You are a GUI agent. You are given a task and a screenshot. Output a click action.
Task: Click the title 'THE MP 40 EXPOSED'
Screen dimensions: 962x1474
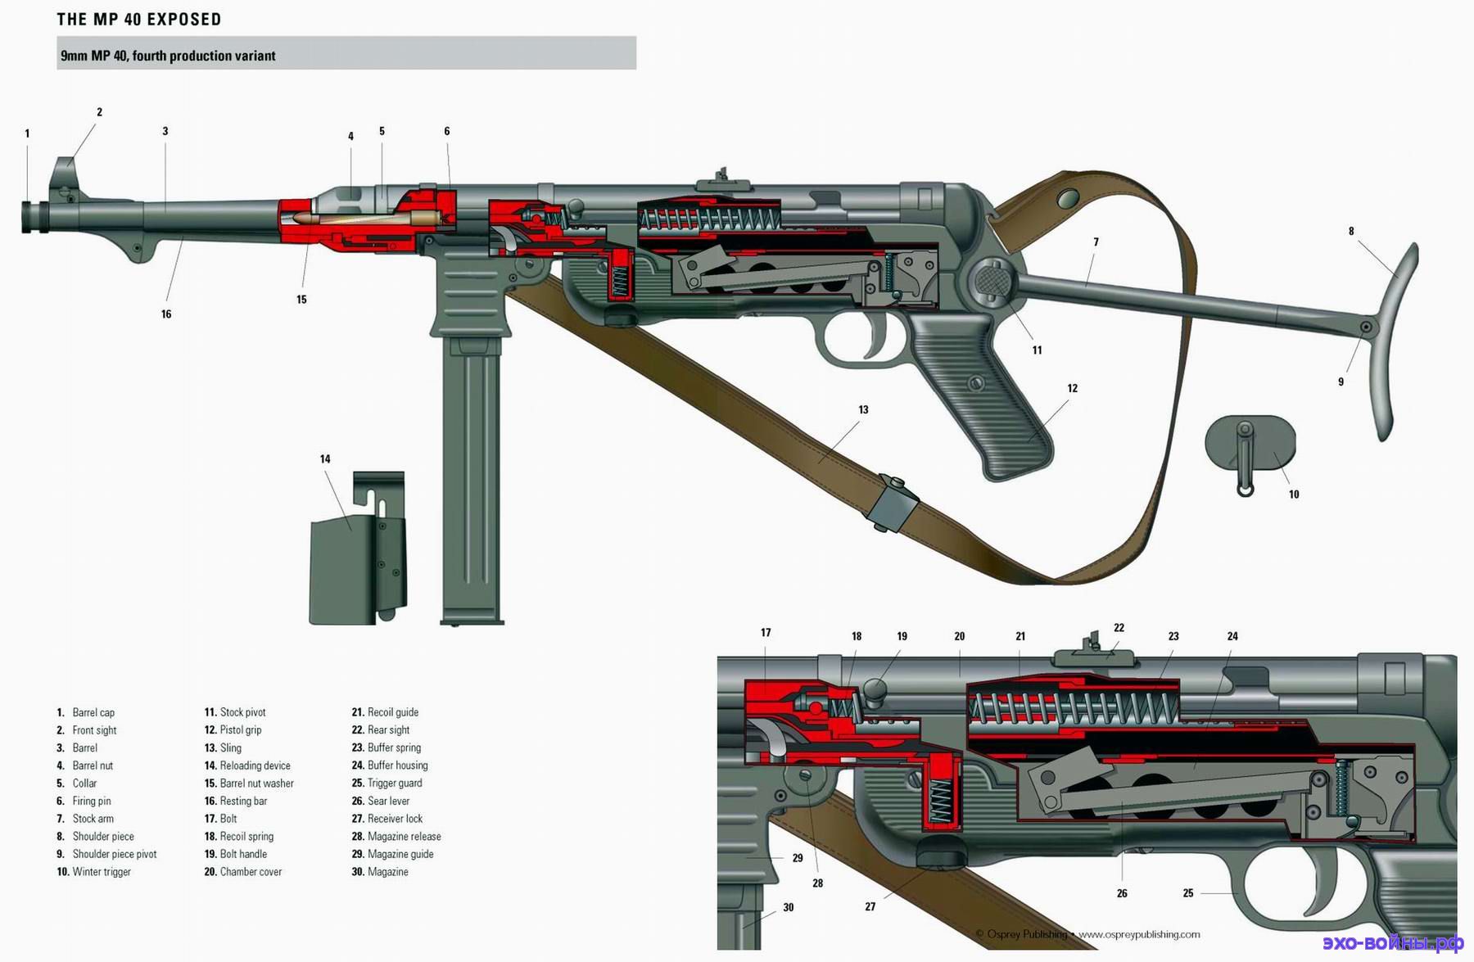tap(139, 19)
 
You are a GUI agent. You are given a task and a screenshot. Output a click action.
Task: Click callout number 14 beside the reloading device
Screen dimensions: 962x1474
tap(325, 458)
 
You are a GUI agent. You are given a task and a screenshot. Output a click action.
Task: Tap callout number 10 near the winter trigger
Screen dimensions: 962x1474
tap(1294, 494)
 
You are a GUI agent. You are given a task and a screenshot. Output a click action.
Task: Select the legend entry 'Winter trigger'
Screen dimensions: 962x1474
tap(102, 871)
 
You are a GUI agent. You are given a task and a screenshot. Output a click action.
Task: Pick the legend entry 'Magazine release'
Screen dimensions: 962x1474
tap(404, 836)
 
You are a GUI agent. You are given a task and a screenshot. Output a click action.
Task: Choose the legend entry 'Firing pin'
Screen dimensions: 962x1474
tap(91, 801)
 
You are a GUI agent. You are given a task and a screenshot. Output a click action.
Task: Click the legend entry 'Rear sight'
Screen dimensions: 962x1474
tap(388, 729)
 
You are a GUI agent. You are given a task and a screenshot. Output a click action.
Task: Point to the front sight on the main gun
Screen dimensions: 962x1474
tap(63, 176)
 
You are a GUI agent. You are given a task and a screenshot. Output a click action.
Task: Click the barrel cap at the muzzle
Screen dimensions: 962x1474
tap(35, 216)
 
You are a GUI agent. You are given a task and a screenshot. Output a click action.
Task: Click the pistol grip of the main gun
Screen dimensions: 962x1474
tap(983, 393)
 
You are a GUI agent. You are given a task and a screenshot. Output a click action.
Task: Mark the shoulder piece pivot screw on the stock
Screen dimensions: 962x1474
tap(1365, 327)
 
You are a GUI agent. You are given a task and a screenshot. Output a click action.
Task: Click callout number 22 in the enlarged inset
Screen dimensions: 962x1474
tap(1119, 627)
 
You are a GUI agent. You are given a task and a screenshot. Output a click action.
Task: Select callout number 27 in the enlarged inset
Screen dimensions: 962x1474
tap(870, 906)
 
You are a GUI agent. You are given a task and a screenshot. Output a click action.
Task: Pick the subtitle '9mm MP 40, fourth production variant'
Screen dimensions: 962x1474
tap(168, 56)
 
